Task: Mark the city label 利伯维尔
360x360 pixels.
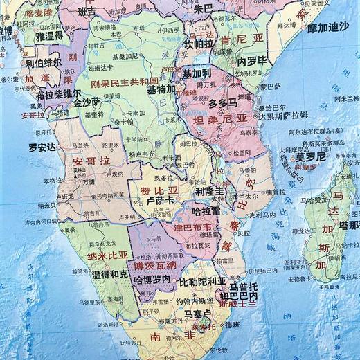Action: [x=43, y=62]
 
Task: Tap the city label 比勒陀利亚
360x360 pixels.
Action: [x=202, y=282]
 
